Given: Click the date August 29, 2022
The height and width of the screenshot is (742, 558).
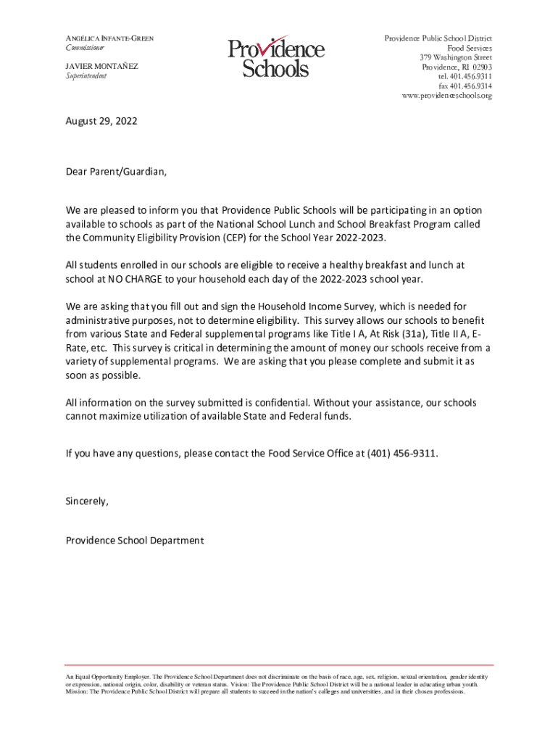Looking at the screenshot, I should pyautogui.click(x=101, y=122).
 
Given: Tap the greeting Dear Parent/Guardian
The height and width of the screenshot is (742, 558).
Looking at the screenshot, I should pyautogui.click(x=116, y=172).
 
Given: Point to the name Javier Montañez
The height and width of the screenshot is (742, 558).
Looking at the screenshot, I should pyautogui.click(x=101, y=66).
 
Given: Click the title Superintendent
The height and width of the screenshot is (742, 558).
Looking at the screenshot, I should pyautogui.click(x=86, y=76).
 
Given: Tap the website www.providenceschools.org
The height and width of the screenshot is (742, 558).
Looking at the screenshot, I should pyautogui.click(x=446, y=96).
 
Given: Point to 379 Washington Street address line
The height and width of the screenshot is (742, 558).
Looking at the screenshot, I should pyautogui.click(x=455, y=57).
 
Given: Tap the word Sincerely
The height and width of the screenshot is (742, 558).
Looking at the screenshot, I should pyautogui.click(x=87, y=501).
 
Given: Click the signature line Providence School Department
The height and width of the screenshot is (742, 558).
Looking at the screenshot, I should pyautogui.click(x=135, y=541).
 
